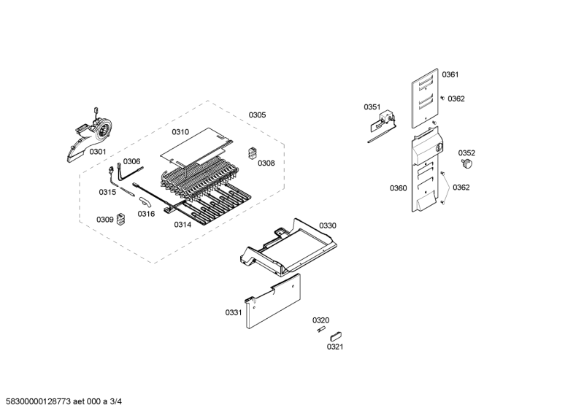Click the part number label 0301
pyautogui.click(x=98, y=152)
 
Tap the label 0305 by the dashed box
pyautogui.click(x=258, y=115)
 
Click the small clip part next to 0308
pyautogui.click(x=253, y=153)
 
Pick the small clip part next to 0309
pyautogui.click(x=120, y=219)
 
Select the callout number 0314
pyautogui.click(x=182, y=225)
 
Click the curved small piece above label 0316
pyautogui.click(x=144, y=201)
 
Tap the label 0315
pyautogui.click(x=107, y=192)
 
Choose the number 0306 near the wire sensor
pyautogui.click(x=132, y=161)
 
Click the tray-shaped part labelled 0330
pyautogui.click(x=288, y=247)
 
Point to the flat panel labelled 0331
pyautogui.click(x=273, y=301)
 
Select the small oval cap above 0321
pyautogui.click(x=336, y=336)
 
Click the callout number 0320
pyautogui.click(x=320, y=320)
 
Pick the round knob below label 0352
pyautogui.click(x=466, y=163)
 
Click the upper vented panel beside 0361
pyautogui.click(x=425, y=99)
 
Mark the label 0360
pyautogui.click(x=399, y=188)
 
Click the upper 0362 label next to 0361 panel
pyautogui.click(x=456, y=99)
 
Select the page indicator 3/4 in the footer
pyautogui.click(x=116, y=401)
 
